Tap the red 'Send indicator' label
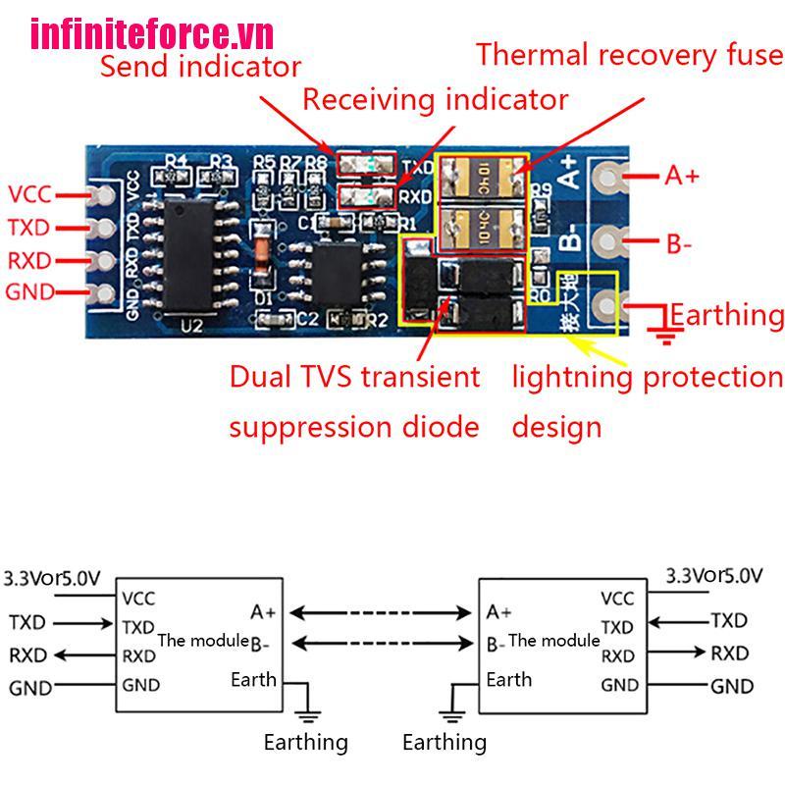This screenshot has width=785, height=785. [x=200, y=67]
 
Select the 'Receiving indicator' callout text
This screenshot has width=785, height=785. [x=435, y=99]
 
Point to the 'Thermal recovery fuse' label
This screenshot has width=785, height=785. [x=629, y=54]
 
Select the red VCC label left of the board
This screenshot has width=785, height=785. [x=28, y=193]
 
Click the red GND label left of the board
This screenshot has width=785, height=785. [x=29, y=291]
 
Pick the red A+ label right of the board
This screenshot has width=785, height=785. [x=682, y=176]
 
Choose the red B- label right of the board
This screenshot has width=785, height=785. [x=679, y=242]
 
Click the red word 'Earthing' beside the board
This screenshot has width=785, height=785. [x=727, y=315]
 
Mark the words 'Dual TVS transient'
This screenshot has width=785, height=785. [x=354, y=377]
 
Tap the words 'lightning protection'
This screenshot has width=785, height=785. [x=648, y=377]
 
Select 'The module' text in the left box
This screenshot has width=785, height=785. [x=202, y=640]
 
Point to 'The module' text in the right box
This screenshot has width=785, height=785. [x=553, y=640]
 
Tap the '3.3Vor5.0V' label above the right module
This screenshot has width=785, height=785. [x=712, y=575]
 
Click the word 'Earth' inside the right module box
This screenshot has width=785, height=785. [x=508, y=679]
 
